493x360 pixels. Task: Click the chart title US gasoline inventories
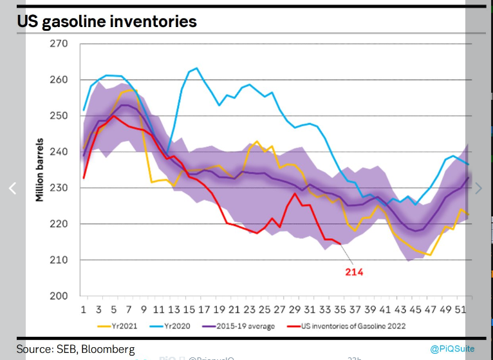click(107, 21)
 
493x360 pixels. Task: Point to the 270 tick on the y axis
click(59, 44)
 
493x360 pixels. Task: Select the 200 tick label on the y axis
click(59, 296)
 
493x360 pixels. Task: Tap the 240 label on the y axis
click(59, 152)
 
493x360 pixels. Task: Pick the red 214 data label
click(353, 272)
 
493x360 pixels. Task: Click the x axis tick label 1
click(84, 309)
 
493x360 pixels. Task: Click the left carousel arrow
click(12, 188)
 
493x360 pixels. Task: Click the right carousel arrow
click(478, 188)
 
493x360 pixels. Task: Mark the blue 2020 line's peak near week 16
click(196, 68)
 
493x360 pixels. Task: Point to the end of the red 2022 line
click(340, 244)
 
